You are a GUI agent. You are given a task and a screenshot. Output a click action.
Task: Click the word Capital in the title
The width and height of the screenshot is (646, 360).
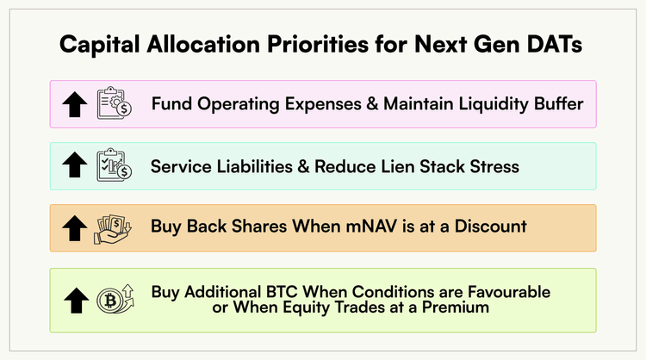[99, 45]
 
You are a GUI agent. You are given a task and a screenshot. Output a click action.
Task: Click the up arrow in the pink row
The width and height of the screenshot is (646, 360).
[75, 104]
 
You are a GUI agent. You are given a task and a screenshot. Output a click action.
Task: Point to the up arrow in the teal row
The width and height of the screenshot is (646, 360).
[75, 164]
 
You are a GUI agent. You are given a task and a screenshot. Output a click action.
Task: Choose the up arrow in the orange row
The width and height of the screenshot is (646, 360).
[75, 227]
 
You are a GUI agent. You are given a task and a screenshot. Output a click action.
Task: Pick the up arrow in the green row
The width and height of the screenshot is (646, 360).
[76, 301]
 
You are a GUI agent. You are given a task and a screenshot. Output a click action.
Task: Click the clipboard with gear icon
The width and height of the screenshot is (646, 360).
[114, 103]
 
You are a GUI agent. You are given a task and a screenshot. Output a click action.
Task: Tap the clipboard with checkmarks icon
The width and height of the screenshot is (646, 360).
[114, 164]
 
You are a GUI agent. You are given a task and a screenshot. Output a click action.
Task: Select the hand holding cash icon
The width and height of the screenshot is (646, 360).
[113, 229]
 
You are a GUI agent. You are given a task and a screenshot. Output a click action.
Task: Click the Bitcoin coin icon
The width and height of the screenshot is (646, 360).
[115, 299]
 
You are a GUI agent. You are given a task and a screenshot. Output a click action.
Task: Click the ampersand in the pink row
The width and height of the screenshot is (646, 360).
[372, 104]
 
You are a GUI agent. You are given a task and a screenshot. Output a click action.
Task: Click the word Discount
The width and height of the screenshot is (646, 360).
[490, 227]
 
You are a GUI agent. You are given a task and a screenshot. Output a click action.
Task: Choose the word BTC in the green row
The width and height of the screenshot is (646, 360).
[282, 292]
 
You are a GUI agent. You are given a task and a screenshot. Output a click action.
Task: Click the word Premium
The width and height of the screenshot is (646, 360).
[456, 307]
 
